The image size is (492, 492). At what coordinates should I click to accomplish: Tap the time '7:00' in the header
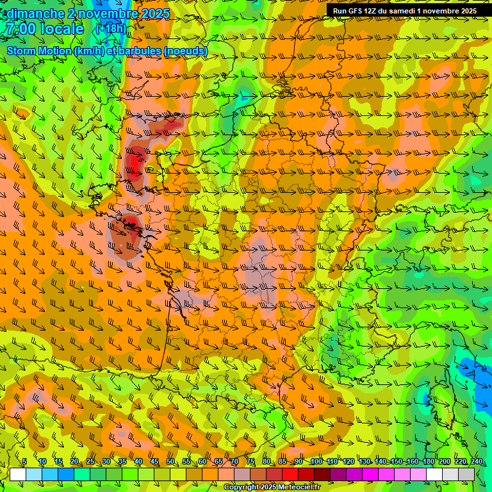point(20,29)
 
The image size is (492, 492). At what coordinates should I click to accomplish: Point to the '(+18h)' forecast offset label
point(110,29)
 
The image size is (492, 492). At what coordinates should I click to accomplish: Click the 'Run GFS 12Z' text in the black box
point(356,11)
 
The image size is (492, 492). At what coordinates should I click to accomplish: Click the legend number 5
point(24,462)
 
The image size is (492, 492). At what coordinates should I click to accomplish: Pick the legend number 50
point(170,462)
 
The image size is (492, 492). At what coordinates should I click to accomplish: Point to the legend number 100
point(316,462)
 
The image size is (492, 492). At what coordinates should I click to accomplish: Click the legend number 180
point(429,462)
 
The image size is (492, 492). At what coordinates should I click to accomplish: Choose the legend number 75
point(250,462)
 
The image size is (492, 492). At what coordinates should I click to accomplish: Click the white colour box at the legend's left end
point(18,474)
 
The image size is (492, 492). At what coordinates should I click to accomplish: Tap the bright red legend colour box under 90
point(290,474)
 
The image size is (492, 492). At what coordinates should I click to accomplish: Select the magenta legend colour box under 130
point(370,474)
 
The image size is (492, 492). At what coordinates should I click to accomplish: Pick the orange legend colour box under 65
point(210,474)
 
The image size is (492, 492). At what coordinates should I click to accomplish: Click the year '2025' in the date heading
point(154,13)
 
